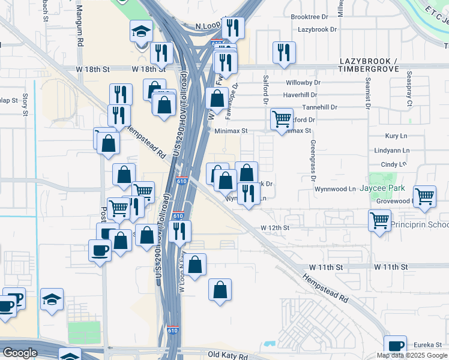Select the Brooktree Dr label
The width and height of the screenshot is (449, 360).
pos(310,17)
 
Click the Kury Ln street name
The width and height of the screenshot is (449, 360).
pos(397,137)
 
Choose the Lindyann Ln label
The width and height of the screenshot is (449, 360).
pos(391,151)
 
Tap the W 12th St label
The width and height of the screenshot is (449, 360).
pos(275,228)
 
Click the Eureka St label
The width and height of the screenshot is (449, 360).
pos(429,345)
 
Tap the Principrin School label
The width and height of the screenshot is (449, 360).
pos(420,225)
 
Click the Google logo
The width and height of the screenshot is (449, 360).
pos(20,353)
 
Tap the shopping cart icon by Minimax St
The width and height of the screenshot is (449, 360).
pos(282,119)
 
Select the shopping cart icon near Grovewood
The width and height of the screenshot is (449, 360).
pos(425,196)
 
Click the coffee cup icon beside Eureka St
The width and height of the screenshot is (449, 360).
pos(395,345)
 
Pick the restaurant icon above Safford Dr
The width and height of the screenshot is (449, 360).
pos(283,52)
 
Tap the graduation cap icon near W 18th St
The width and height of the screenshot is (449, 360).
pos(141,31)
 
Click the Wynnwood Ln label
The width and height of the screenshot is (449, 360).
pos(335,189)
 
